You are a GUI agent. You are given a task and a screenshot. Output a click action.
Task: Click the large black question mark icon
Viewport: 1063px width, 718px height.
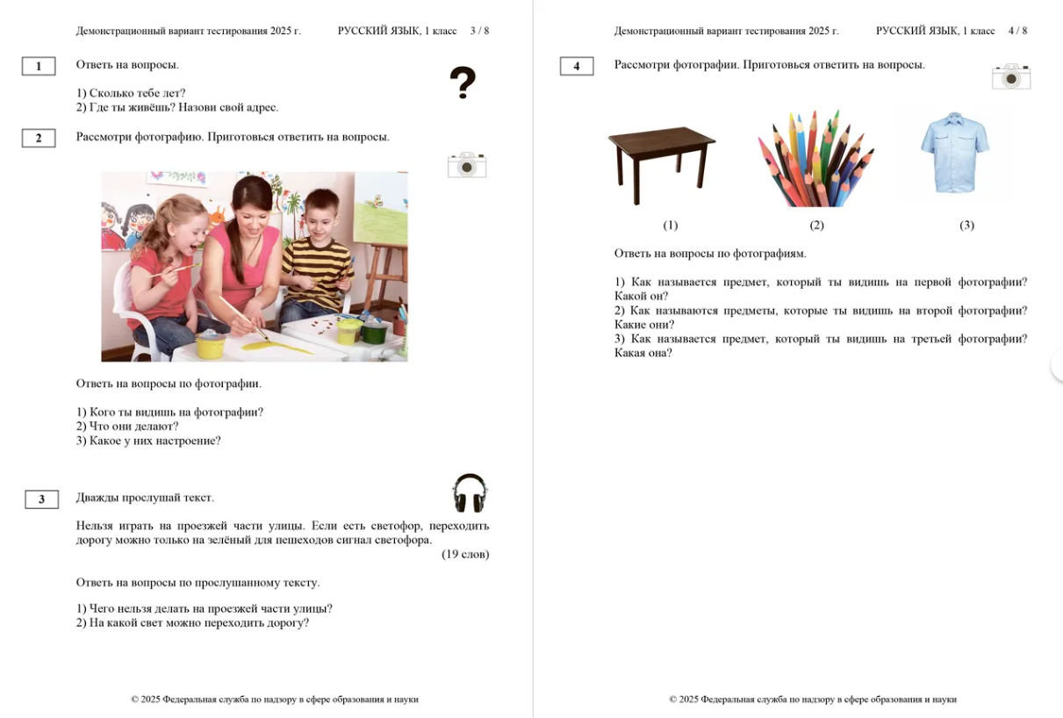463,83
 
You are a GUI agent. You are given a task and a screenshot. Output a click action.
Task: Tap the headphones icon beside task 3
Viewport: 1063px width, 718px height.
470,493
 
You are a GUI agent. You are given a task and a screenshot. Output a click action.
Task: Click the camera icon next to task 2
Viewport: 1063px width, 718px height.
467,164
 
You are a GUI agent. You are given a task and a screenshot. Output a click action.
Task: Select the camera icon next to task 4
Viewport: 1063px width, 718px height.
1011,76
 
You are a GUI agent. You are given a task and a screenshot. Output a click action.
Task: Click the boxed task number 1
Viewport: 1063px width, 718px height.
39,66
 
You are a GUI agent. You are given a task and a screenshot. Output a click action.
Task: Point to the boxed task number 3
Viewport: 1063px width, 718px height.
41,499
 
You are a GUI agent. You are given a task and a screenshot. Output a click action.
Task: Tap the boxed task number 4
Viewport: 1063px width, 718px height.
577,66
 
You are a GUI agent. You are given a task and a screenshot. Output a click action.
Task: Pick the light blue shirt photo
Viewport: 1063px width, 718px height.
955,152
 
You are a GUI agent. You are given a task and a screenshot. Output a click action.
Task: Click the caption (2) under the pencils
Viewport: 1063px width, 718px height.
816,226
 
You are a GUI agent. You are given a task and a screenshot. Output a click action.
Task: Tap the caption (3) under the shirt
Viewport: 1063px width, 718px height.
966,226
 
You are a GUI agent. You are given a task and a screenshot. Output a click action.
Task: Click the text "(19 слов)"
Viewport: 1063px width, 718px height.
465,555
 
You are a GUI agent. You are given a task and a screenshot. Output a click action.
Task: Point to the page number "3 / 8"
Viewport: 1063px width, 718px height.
479,31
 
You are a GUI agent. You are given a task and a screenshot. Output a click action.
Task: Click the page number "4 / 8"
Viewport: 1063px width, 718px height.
1017,31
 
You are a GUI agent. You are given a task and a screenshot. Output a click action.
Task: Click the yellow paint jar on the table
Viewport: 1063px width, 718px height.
211,345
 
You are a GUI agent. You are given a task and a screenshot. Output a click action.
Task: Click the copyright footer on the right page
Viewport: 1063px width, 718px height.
812,700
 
